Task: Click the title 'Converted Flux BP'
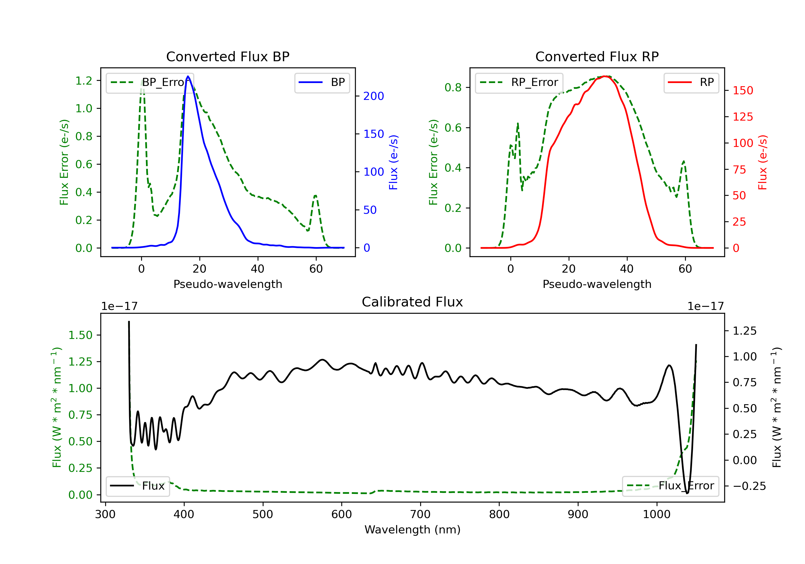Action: click(x=228, y=56)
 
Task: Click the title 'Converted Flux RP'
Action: click(x=597, y=56)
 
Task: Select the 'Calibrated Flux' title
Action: click(x=412, y=302)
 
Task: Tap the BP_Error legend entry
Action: click(x=150, y=82)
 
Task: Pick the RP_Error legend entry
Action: click(x=519, y=82)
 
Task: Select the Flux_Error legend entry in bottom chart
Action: click(x=670, y=486)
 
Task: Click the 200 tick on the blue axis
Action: click(x=374, y=96)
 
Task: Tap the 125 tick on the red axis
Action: click(x=742, y=117)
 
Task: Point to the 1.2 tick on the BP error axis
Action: click(x=84, y=81)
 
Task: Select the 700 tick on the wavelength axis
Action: click(x=420, y=514)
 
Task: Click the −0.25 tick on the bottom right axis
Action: click(x=749, y=486)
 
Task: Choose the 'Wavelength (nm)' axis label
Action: click(x=413, y=530)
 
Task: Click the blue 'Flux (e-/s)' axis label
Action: click(x=393, y=162)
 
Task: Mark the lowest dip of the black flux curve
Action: click(x=687, y=493)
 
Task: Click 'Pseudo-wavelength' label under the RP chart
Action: click(x=597, y=284)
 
